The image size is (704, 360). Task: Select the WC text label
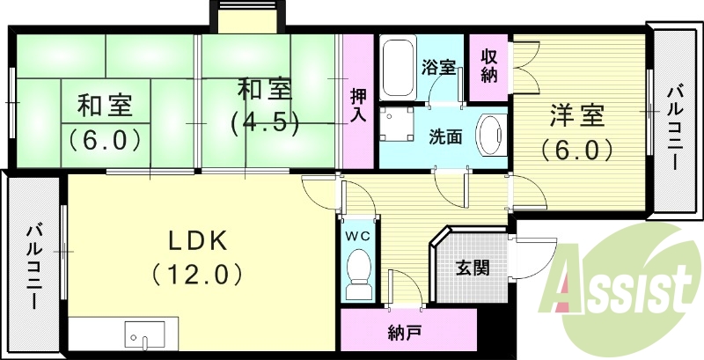356,236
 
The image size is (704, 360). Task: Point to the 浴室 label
438,67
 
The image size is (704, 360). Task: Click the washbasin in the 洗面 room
489,136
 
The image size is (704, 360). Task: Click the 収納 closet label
489,63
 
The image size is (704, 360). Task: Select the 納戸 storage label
403,334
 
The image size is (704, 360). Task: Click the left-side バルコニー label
33,264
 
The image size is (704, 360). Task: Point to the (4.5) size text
265,121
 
